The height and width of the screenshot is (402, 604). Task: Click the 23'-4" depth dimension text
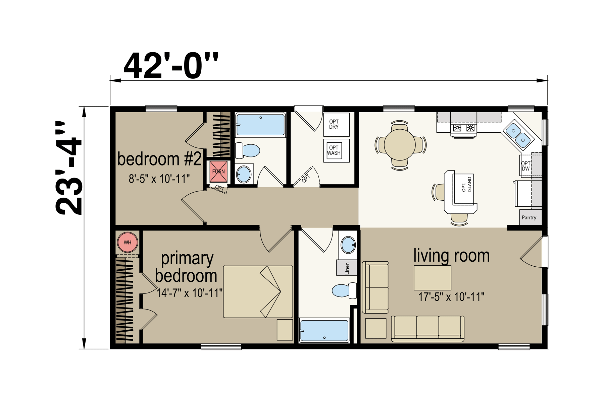pyautogui.click(x=68, y=168)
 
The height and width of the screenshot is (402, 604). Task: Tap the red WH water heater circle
pyautogui.click(x=128, y=242)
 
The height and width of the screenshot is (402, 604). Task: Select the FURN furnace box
pyautogui.click(x=218, y=172)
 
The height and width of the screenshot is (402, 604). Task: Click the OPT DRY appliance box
pyautogui.click(x=336, y=124)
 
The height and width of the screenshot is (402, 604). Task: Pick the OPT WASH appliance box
pyautogui.click(x=336, y=151)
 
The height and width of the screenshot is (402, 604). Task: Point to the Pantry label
pyautogui.click(x=529, y=217)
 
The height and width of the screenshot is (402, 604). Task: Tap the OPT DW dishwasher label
pyautogui.click(x=526, y=166)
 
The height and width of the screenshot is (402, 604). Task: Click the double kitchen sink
pyautogui.click(x=518, y=135)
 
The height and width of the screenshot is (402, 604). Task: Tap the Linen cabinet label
pyautogui.click(x=347, y=268)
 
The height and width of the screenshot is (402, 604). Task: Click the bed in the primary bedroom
pyautogui.click(x=258, y=292)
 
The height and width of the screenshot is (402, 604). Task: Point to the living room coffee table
pyautogui.click(x=432, y=278)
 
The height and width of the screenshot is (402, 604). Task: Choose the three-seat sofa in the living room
pyautogui.click(x=427, y=328)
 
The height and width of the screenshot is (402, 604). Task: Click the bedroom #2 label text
pyautogui.click(x=159, y=159)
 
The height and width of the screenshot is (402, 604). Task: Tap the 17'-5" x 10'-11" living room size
pyautogui.click(x=451, y=297)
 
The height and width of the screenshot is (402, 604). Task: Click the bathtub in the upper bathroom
pyautogui.click(x=260, y=125)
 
